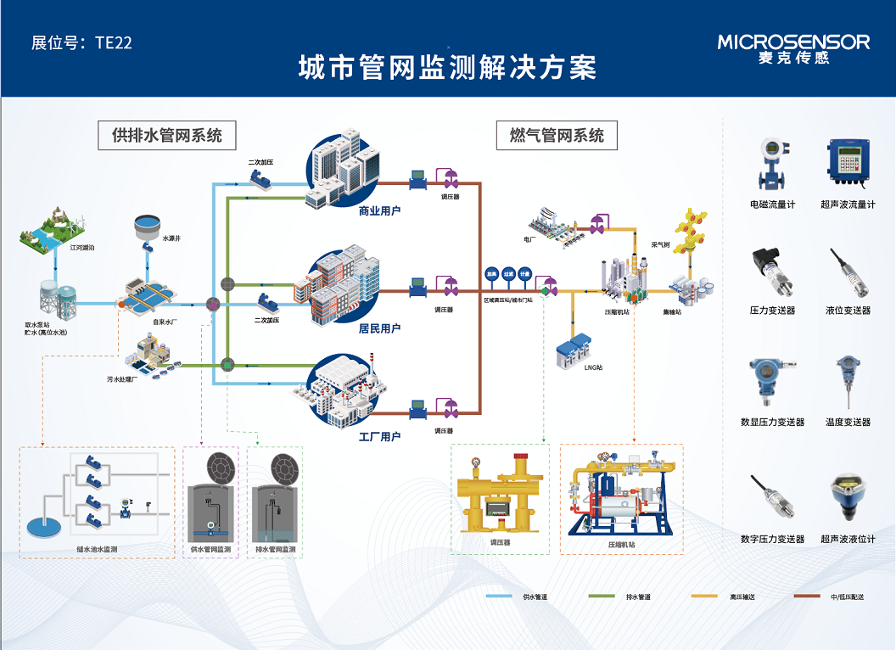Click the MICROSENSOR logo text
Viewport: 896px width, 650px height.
pos(793,42)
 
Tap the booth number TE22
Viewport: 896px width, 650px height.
pos(81,42)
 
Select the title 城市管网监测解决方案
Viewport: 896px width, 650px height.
pos(447,69)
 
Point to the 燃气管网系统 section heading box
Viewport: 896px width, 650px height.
pos(557,135)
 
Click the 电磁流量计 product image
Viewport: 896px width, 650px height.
pos(771,164)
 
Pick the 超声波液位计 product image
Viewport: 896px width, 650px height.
pos(848,497)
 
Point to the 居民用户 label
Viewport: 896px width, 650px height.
pos(379,328)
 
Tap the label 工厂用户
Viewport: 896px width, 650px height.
pos(379,437)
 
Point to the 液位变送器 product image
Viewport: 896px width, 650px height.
pos(848,272)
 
